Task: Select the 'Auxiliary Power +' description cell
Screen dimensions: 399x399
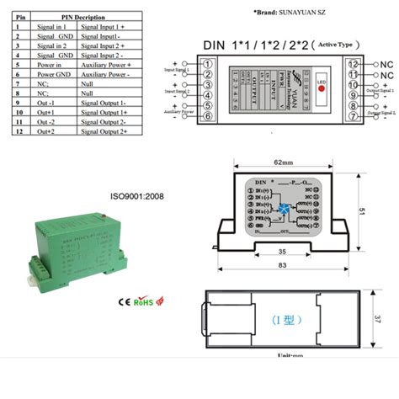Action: (106, 64)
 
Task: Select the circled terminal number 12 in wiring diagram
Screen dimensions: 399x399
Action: (353, 64)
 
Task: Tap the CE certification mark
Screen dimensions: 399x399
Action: (122, 300)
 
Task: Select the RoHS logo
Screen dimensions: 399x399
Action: (144, 300)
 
